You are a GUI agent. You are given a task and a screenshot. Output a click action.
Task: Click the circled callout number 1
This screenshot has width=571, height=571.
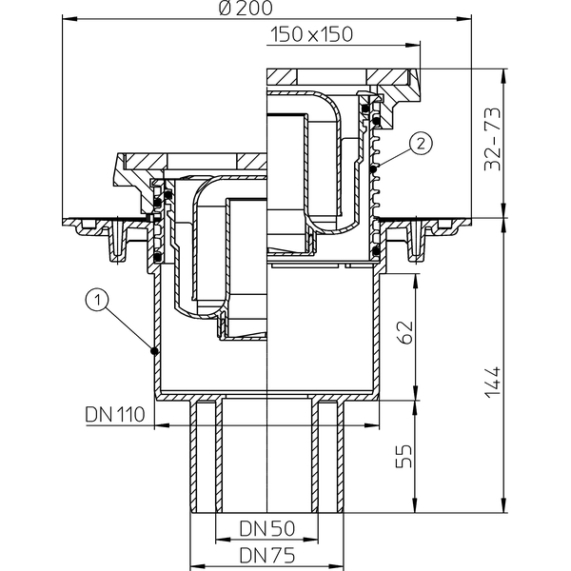pos(95,301)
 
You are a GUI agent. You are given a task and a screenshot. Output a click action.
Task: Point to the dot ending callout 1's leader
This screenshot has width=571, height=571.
pos(153,351)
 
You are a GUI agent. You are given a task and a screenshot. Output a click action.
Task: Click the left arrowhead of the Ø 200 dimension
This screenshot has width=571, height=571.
pos(67,17)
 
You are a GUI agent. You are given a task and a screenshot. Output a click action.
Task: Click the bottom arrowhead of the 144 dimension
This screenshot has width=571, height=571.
pos(502,511)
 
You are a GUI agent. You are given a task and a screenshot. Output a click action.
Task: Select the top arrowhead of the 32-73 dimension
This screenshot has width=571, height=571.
pos(502,70)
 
